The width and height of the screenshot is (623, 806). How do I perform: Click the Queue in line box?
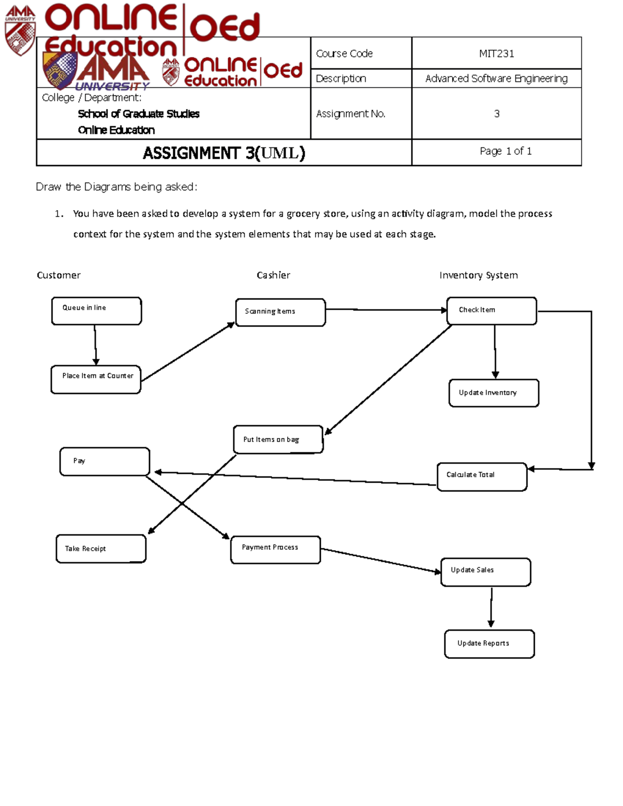pos(97,311)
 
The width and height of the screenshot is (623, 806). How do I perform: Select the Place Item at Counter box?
pos(96,379)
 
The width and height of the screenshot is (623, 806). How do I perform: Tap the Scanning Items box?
pos(280,312)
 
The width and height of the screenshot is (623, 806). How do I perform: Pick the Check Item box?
pos(492,311)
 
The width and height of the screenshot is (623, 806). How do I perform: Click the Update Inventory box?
pos(494,393)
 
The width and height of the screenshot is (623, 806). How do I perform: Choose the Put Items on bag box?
pos(278,440)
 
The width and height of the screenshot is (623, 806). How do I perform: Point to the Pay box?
pos(105,461)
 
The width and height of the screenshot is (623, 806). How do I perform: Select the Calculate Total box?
pos(482,476)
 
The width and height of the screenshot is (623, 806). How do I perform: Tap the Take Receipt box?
pos(101,549)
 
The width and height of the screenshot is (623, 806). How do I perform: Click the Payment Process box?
pos(276,550)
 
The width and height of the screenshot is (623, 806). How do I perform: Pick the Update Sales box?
pos(486,572)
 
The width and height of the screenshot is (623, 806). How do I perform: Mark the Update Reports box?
pos(490,644)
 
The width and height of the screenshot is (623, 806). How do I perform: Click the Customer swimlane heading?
pos(59,275)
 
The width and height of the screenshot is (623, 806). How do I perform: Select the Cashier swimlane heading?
pos(273,275)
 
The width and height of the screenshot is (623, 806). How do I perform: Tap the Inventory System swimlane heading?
pos(478,275)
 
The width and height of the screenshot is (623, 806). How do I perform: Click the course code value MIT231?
pos(496,53)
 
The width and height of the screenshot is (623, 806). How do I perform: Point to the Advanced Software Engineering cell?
pos(496,78)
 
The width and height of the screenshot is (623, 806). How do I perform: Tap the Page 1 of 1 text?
pos(505,151)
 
